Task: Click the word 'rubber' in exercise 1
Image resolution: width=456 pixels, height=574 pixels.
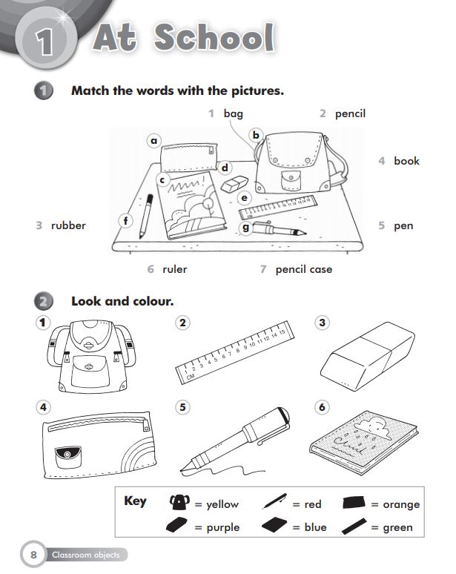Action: pyautogui.click(x=68, y=225)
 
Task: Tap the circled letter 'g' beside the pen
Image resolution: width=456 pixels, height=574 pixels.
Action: pyautogui.click(x=246, y=228)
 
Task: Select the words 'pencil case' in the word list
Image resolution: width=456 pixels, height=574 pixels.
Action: pyautogui.click(x=304, y=269)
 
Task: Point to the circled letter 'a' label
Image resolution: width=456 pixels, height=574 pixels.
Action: pyautogui.click(x=154, y=140)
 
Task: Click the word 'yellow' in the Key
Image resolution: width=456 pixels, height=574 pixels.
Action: pyautogui.click(x=222, y=504)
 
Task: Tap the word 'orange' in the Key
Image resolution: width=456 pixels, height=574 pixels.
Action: pyautogui.click(x=401, y=504)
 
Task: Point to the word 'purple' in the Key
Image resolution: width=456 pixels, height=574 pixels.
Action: pyautogui.click(x=222, y=527)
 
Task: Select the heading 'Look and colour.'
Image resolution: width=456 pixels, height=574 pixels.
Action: pyautogui.click(x=122, y=301)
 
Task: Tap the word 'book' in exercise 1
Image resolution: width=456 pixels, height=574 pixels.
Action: pyautogui.click(x=406, y=161)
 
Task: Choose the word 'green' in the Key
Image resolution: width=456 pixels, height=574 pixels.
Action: pyautogui.click(x=398, y=527)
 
